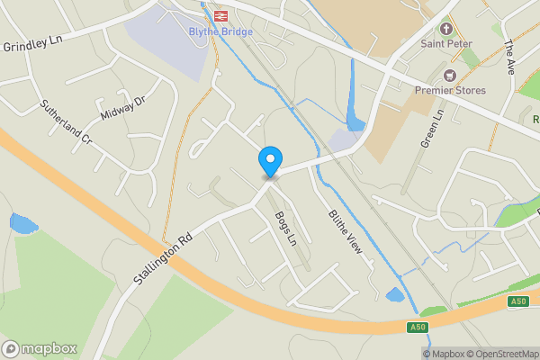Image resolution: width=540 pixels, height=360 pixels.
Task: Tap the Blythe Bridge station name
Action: (x=220, y=31)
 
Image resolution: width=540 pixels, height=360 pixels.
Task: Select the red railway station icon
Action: (x=220, y=15)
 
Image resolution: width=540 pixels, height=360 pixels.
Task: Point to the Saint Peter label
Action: (x=445, y=42)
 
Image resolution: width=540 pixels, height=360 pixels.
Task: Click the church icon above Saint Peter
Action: (x=445, y=28)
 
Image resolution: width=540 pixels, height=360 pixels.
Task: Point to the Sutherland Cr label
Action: (x=66, y=122)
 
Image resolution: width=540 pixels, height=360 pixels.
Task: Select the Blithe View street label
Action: (x=345, y=229)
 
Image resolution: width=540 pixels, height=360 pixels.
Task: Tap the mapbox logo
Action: (x=40, y=348)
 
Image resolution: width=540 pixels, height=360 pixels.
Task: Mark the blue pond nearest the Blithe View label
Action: (x=394, y=294)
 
